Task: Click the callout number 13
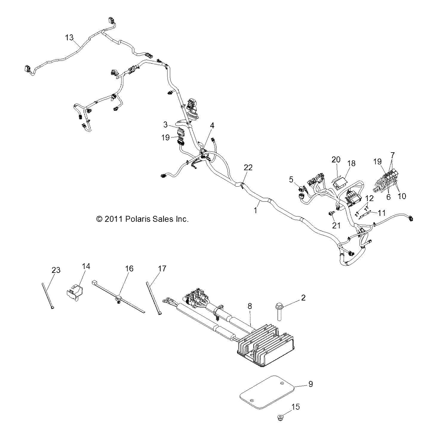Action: click(69, 37)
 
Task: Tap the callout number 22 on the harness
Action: click(248, 167)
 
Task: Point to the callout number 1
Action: click(256, 210)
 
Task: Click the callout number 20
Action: click(336, 159)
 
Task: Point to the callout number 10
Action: click(402, 196)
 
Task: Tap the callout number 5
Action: click(291, 179)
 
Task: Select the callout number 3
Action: click(165, 125)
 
